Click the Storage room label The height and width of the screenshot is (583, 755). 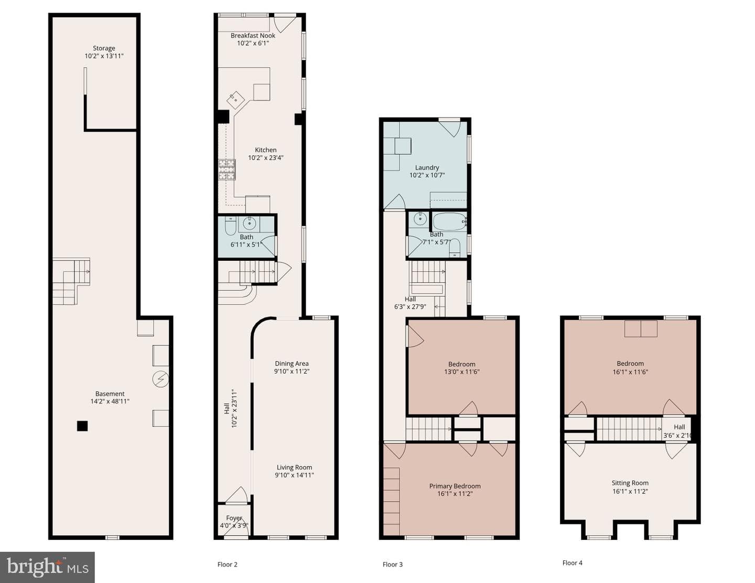[x=104, y=48]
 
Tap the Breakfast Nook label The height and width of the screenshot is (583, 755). [x=253, y=36]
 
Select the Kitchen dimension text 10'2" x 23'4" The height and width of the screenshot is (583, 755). [x=266, y=158]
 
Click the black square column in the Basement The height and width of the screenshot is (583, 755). [x=82, y=426]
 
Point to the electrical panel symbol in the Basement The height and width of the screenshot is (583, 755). [x=160, y=379]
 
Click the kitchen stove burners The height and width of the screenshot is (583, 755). [x=227, y=169]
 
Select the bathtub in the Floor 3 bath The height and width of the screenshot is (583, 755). [x=450, y=221]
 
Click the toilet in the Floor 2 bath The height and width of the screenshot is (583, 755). [x=231, y=226]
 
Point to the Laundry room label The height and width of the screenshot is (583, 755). [x=427, y=167]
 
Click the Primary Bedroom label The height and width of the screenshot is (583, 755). [x=455, y=486]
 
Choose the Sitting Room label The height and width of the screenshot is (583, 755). [x=630, y=483]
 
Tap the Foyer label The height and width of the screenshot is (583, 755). [x=234, y=518]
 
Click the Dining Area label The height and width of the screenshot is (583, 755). [x=292, y=364]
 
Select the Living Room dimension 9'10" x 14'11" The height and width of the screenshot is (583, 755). [x=294, y=475]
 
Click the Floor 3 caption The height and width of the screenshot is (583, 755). [x=393, y=565]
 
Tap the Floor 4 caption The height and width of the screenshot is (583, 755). [x=572, y=563]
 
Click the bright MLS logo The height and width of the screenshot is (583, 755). [x=47, y=567]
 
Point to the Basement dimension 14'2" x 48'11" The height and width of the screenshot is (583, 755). [x=110, y=401]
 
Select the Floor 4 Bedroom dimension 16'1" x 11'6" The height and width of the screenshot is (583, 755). [x=630, y=372]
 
